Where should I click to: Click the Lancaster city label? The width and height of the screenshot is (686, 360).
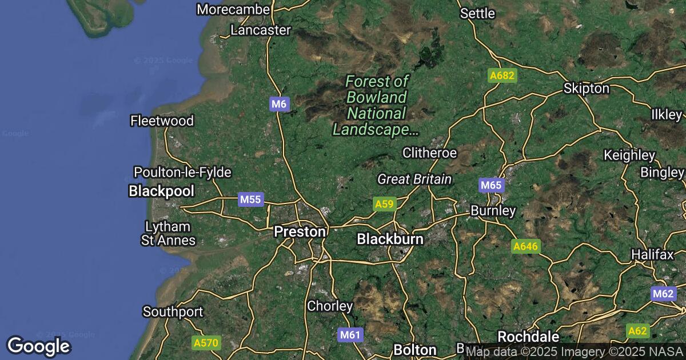click(x=261, y=30)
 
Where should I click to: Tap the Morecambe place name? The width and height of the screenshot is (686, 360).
click(x=233, y=10)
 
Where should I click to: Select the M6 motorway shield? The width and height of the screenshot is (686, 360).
click(x=280, y=104)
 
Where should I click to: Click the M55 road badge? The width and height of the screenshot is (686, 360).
click(x=250, y=199)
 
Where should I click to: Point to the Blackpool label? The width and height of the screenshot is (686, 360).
click(x=162, y=191)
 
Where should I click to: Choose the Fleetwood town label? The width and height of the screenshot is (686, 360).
click(x=162, y=121)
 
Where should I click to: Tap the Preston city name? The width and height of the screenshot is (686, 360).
click(x=300, y=231)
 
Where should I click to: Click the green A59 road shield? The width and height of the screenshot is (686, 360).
click(x=385, y=203)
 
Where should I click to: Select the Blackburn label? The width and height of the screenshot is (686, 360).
click(x=390, y=239)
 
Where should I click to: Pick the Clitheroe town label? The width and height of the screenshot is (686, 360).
click(x=429, y=153)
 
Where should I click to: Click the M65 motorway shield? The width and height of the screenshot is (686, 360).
click(x=490, y=185)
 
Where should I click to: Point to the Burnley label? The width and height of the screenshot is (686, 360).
click(x=493, y=211)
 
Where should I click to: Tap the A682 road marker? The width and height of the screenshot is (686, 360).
click(x=502, y=75)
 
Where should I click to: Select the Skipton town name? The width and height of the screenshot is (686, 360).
click(x=586, y=89)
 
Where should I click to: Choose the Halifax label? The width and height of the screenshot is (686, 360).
click(x=653, y=254)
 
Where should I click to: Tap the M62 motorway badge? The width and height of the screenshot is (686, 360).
click(x=663, y=294)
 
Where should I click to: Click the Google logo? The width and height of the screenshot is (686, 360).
click(x=38, y=346)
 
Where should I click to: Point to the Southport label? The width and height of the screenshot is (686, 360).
click(x=173, y=312)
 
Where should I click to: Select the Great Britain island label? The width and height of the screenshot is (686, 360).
click(x=414, y=179)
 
